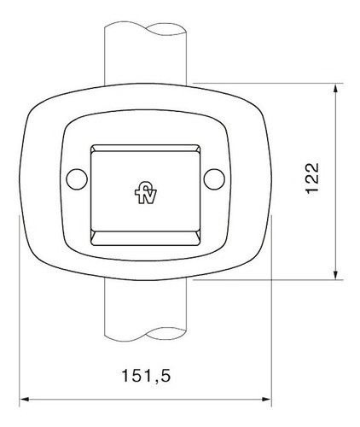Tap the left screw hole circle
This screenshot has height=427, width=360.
pos(77,179)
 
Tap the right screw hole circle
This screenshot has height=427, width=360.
pos(215,179)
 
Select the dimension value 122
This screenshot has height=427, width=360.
pos(312,178)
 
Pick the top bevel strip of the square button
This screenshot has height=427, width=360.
pos(145,149)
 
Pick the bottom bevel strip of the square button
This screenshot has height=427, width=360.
pos(145,236)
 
